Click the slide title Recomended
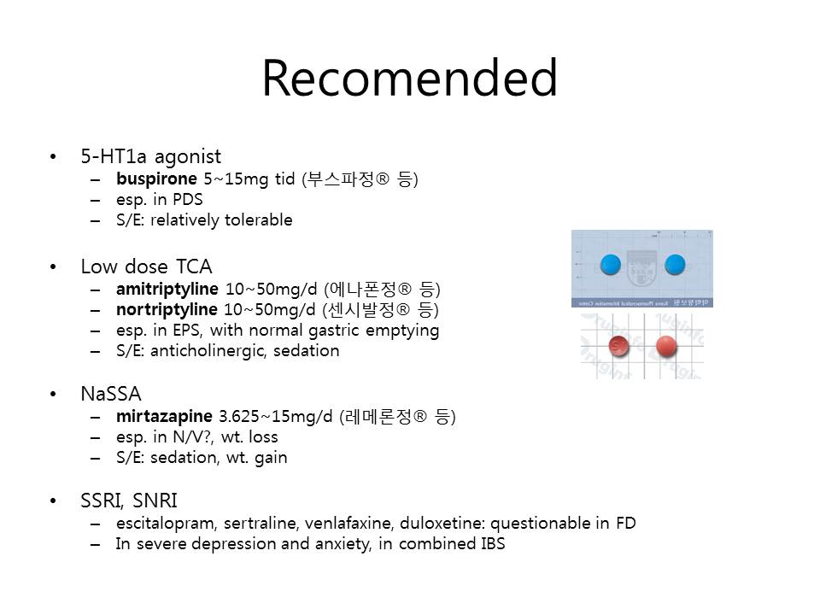click(410, 78)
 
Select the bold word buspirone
click(156, 179)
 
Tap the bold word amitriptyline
click(167, 290)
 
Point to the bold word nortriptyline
click(167, 309)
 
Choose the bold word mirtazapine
click(164, 416)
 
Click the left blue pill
click(611, 265)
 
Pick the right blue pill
click(675, 265)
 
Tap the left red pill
click(619, 346)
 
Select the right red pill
click(666, 346)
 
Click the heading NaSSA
click(111, 394)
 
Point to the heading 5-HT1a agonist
click(150, 156)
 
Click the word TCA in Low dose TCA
click(194, 266)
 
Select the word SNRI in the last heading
click(155, 501)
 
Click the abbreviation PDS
click(187, 199)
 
